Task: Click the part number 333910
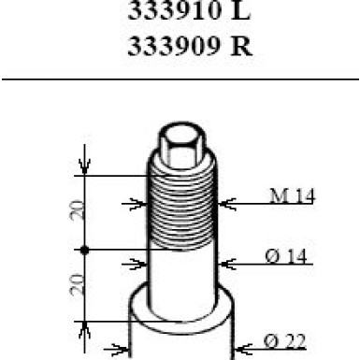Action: coord(175,10)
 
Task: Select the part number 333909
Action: coord(174,47)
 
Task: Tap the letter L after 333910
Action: coord(240,10)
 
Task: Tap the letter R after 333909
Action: coord(241,47)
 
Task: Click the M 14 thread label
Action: coord(293,196)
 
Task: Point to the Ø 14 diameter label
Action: coord(286,256)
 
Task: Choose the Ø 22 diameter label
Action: coord(284,341)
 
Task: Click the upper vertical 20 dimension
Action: coord(78,210)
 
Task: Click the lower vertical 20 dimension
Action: coord(78,284)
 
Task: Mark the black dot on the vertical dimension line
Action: coord(84,250)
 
